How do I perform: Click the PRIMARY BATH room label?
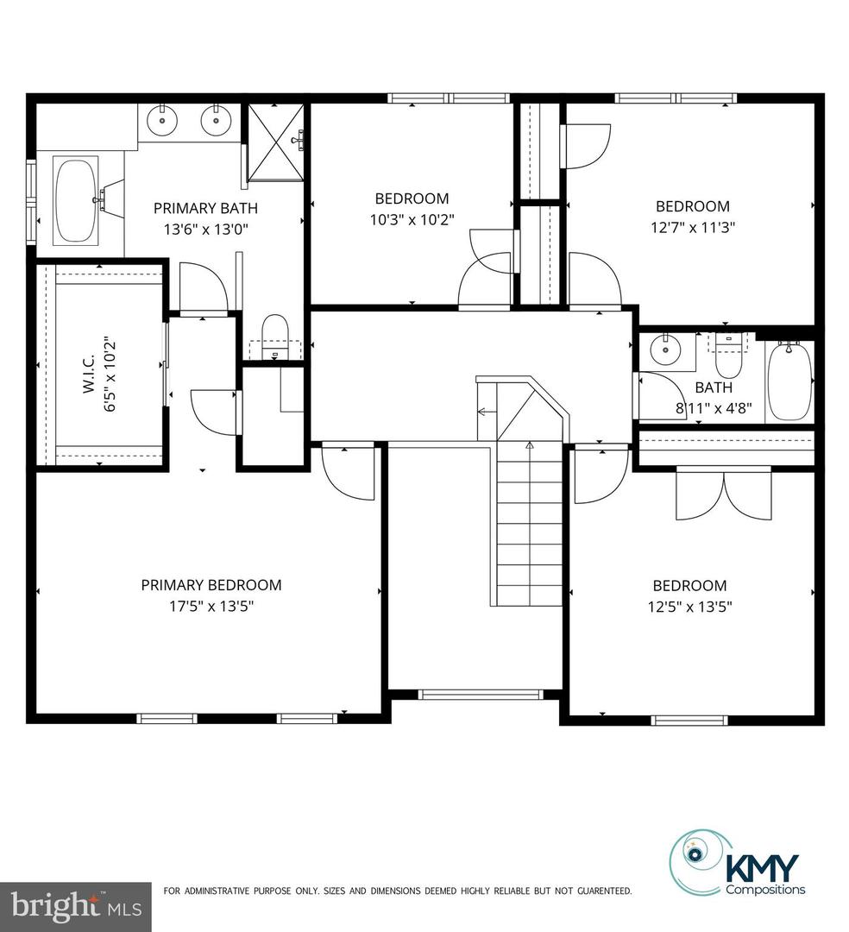pyautogui.click(x=205, y=208)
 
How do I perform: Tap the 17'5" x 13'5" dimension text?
pyautogui.click(x=211, y=607)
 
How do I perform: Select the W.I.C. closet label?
pyautogui.click(x=89, y=375)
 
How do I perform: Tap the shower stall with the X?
pyautogui.click(x=275, y=142)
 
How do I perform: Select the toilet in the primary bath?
pyautogui.click(x=274, y=337)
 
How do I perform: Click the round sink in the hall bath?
pyautogui.click(x=665, y=350)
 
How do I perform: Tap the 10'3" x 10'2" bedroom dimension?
pyautogui.click(x=412, y=220)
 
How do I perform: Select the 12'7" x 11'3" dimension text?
pyautogui.click(x=694, y=228)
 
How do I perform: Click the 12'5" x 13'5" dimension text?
pyautogui.click(x=689, y=607)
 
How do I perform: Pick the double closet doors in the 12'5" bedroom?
pyautogui.click(x=724, y=494)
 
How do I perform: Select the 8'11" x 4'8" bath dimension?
pyautogui.click(x=714, y=408)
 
